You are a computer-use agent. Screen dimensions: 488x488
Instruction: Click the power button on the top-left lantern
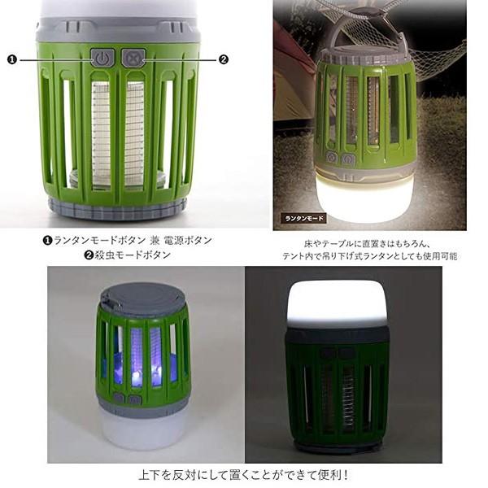pos(101,59)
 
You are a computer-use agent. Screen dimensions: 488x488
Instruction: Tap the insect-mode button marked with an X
pos(133,58)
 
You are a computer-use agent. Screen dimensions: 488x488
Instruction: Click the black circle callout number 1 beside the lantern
pos(11,59)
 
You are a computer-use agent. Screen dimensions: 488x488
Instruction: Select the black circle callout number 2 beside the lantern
pos(224,59)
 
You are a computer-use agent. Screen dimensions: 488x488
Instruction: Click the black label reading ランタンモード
pos(304,218)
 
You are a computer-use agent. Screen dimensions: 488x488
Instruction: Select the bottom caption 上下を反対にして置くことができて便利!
pos(245,475)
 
